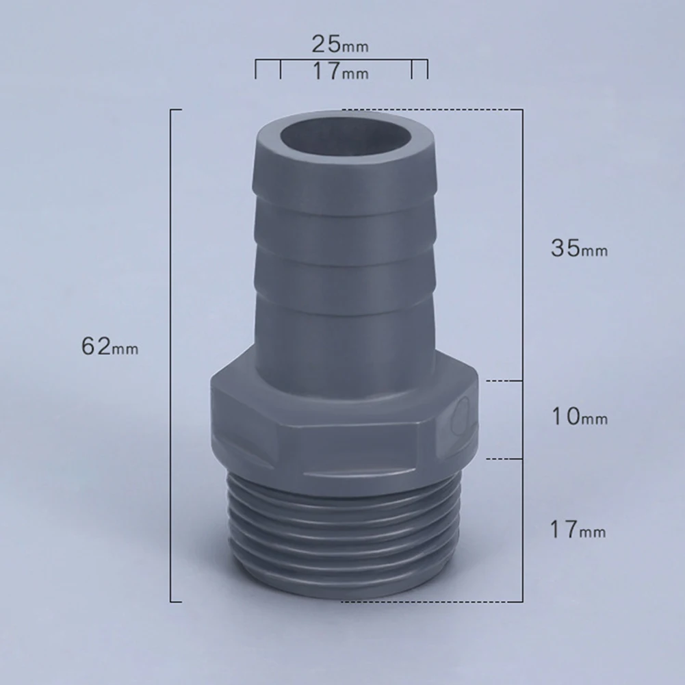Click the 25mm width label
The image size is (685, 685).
tap(339, 45)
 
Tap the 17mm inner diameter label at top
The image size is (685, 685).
tap(340, 71)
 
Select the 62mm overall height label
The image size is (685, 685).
tap(109, 347)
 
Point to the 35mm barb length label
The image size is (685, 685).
tap(579, 248)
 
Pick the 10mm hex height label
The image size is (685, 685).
tap(579, 416)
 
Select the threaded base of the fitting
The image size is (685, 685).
tap(342, 541)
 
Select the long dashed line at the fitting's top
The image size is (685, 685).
tap(431, 109)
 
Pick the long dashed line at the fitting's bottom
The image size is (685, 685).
tap(431, 602)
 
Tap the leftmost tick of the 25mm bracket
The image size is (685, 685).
tap(256, 70)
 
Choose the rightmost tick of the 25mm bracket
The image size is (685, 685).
tap(428, 70)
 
